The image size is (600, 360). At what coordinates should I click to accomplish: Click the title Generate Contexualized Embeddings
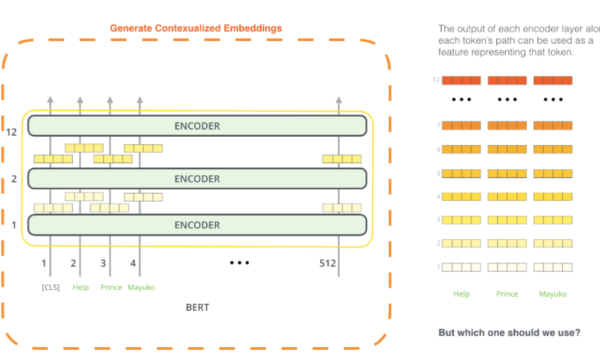[196, 28]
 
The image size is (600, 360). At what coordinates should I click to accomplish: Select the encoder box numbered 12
[197, 126]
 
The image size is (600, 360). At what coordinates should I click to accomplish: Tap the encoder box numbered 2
[197, 179]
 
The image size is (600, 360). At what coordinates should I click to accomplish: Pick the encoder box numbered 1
[197, 224]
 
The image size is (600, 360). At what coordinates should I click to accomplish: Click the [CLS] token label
[50, 287]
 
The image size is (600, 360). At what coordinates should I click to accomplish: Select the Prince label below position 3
[111, 287]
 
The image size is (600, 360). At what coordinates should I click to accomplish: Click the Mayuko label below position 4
[142, 287]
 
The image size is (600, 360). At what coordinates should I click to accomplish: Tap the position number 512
[328, 264]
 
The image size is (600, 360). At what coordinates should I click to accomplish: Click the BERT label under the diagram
[197, 307]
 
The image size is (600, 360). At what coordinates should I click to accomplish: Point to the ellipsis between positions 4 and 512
[239, 263]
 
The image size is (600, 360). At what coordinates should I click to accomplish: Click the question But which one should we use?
[509, 332]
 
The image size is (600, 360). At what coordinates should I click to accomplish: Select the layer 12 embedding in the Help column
[461, 81]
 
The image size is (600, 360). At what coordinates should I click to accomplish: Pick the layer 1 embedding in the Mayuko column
[553, 267]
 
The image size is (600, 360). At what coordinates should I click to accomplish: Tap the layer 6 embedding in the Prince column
[507, 150]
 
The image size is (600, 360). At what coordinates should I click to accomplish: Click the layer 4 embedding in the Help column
[461, 197]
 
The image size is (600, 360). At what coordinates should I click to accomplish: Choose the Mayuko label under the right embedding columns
[553, 294]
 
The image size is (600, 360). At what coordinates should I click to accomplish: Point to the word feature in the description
[453, 52]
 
